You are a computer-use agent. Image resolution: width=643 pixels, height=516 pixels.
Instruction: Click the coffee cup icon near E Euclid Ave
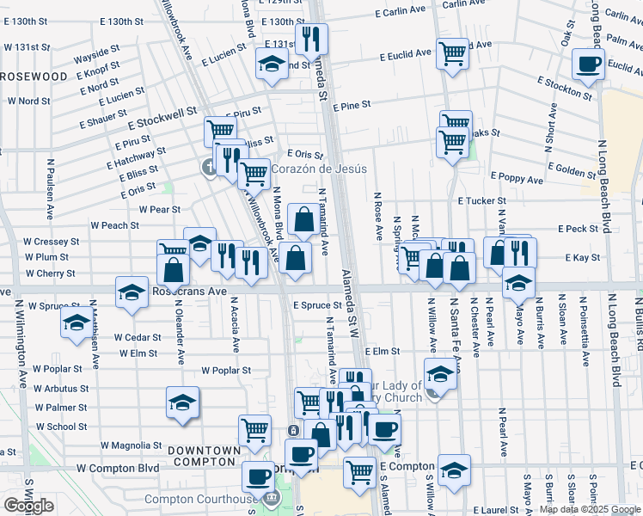click(589, 64)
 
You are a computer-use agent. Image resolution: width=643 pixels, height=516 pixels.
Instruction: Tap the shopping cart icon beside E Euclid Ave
click(452, 54)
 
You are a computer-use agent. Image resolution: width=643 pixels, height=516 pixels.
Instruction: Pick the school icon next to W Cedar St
click(76, 323)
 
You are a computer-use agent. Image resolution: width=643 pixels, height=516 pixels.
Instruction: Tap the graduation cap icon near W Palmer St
click(182, 402)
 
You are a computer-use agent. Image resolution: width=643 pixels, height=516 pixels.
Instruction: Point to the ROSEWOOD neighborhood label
click(34, 77)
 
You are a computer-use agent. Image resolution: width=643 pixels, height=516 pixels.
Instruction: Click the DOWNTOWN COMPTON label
click(204, 456)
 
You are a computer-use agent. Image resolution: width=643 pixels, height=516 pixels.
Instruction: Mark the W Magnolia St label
click(132, 445)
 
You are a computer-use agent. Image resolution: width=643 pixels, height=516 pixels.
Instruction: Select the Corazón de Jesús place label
click(320, 169)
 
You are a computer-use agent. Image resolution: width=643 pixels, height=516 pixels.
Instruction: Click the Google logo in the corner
click(28, 506)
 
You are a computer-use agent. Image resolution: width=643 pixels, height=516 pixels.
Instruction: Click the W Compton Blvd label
click(118, 468)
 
